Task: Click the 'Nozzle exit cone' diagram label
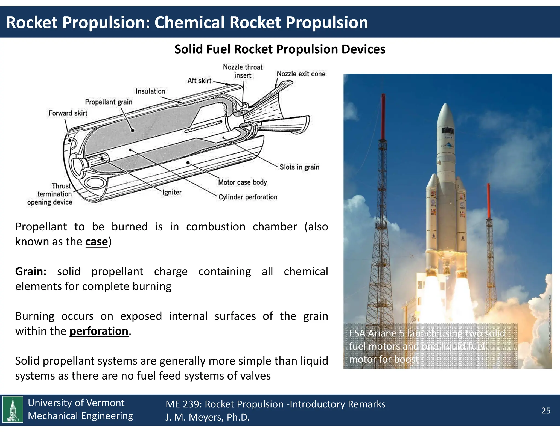(x=301, y=74)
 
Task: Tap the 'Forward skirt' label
(x=68, y=113)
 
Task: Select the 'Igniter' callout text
(x=172, y=192)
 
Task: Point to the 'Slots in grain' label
(x=299, y=167)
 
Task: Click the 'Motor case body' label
(x=242, y=182)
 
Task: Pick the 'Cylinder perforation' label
(x=248, y=197)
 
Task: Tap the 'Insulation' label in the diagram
(x=150, y=91)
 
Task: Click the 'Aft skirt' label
(x=199, y=81)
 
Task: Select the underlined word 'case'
(x=97, y=242)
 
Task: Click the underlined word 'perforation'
(x=99, y=331)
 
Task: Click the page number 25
(x=546, y=411)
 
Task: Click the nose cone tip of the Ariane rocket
(x=446, y=105)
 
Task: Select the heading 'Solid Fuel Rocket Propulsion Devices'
(x=280, y=49)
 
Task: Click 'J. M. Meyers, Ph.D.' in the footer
(x=207, y=417)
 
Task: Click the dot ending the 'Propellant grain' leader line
(x=132, y=130)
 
